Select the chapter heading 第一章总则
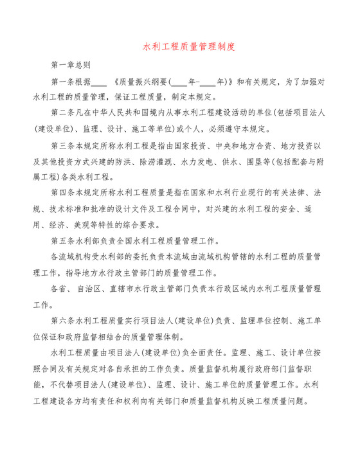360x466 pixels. click(x=70, y=65)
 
